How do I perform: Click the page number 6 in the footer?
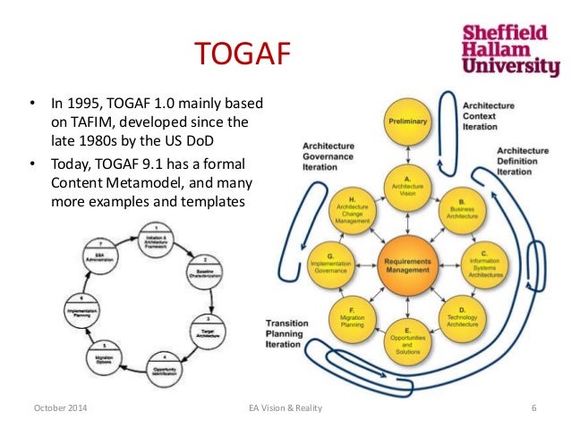pos(533,408)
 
